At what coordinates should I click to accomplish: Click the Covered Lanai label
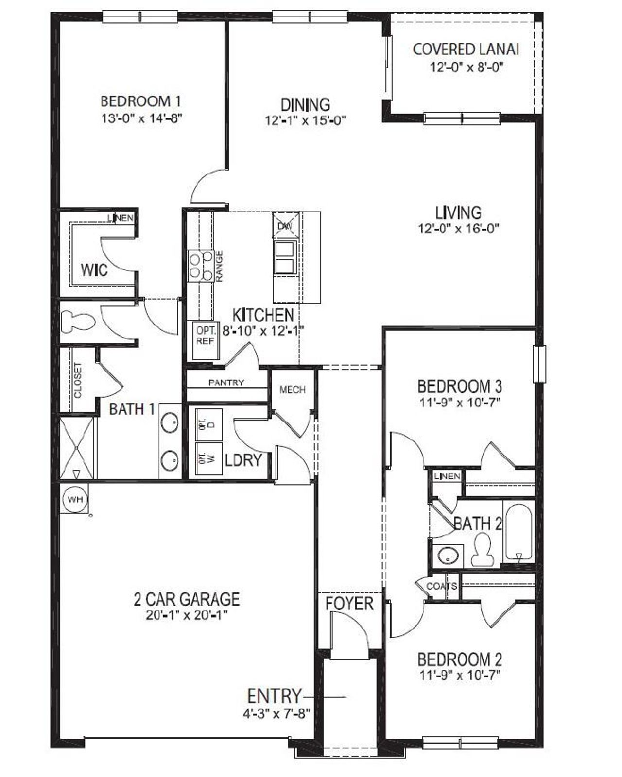point(466,50)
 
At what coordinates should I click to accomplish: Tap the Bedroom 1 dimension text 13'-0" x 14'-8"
point(141,118)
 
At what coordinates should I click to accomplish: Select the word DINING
point(305,104)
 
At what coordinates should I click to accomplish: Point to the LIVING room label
point(458,213)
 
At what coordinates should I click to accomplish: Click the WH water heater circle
point(75,499)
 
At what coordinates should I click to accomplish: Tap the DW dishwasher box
point(284,226)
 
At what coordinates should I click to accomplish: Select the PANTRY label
point(226,383)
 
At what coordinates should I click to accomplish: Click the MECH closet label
point(293,389)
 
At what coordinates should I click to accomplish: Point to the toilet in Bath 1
point(78,321)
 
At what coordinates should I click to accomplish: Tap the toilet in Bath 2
point(483,549)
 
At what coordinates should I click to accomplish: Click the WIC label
point(94,270)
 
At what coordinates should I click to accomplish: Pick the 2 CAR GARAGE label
point(187,599)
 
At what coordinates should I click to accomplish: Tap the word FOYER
point(349,604)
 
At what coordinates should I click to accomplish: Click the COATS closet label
point(441,586)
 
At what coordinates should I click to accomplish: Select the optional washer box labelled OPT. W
point(209,458)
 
